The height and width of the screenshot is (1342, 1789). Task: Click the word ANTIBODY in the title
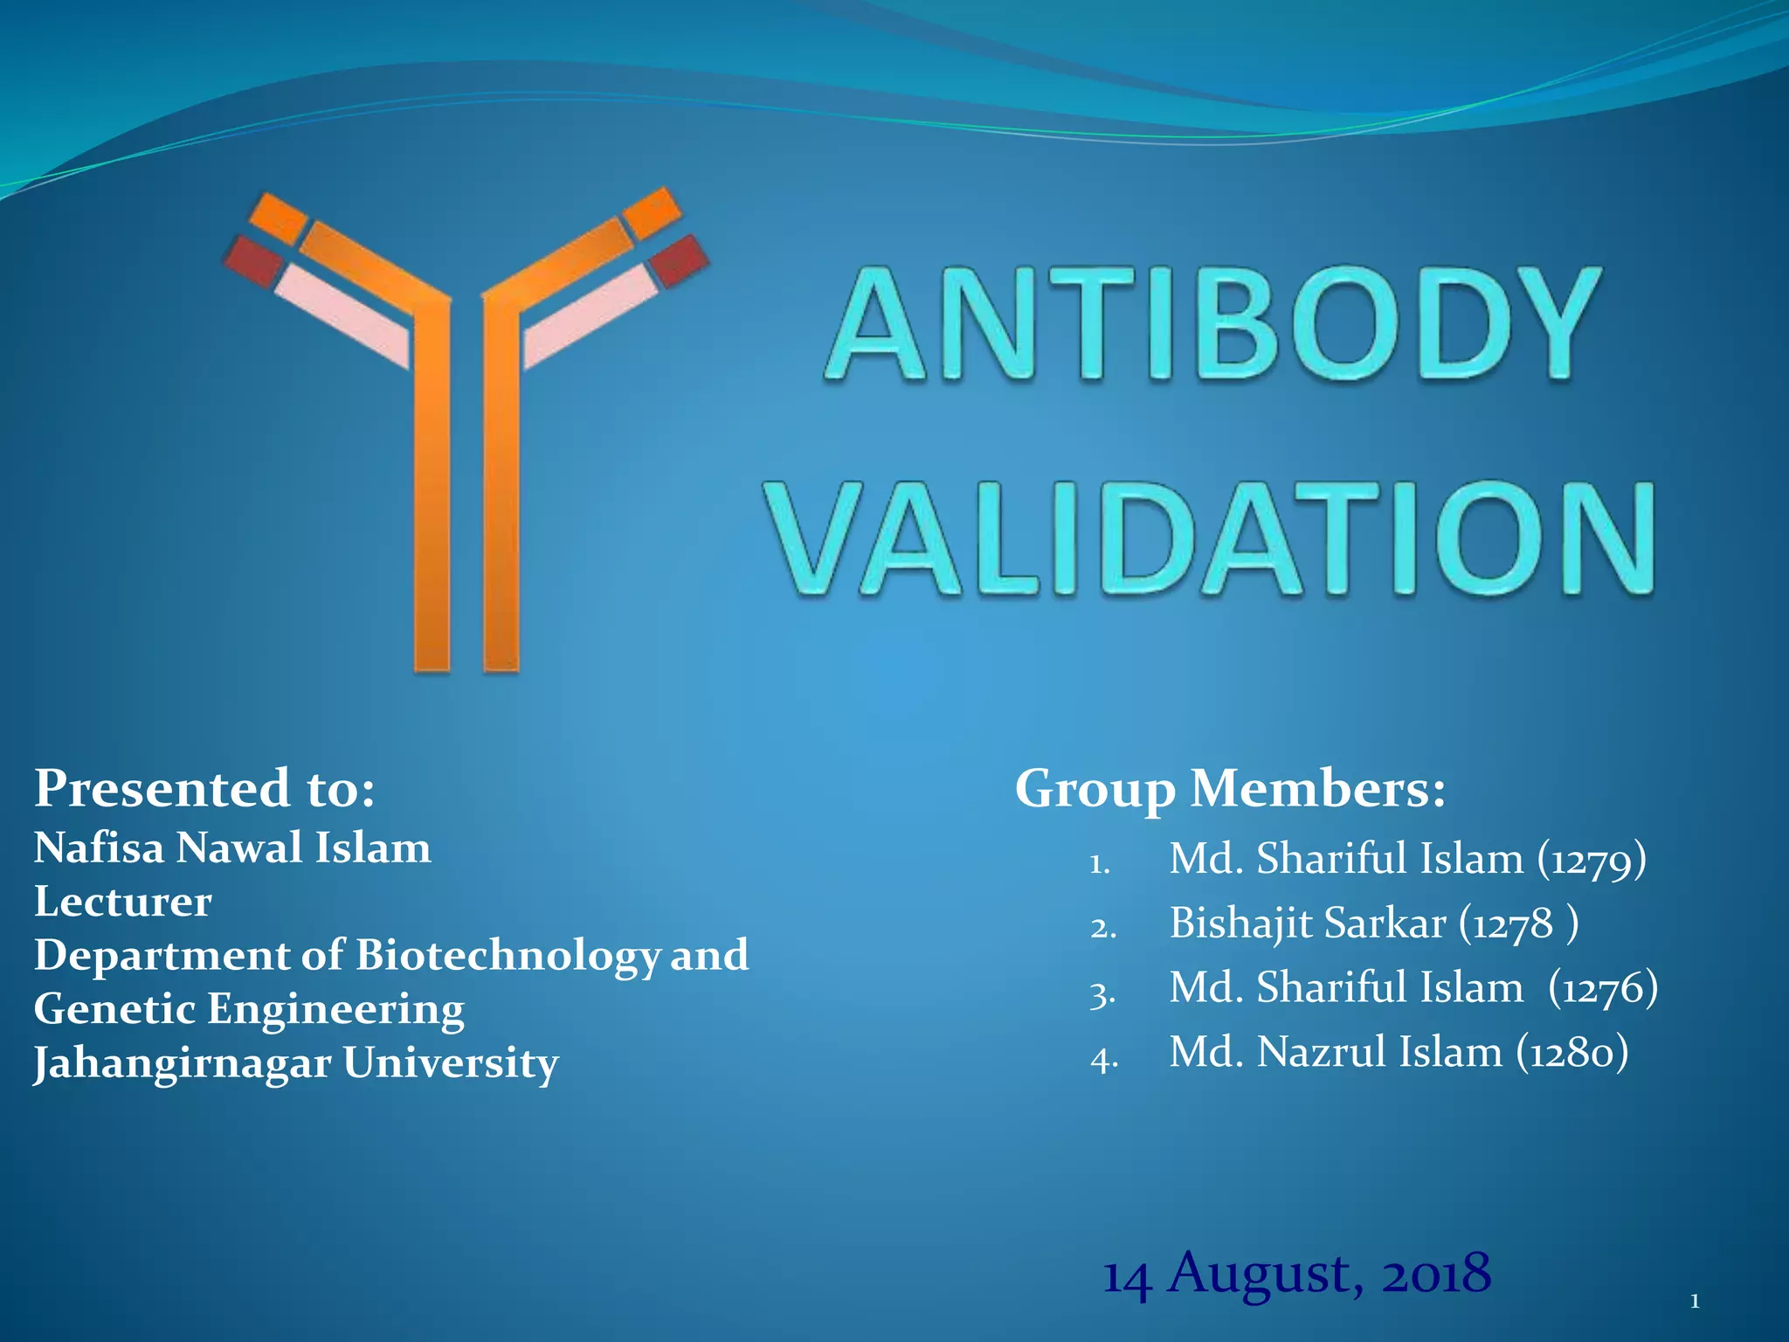[x=1212, y=325]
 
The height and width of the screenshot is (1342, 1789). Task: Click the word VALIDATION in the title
[x=1212, y=540]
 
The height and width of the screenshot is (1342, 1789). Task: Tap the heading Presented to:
[x=204, y=788]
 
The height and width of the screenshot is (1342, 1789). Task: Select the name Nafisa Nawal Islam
[x=232, y=847]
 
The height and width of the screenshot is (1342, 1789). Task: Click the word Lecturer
[x=122, y=902]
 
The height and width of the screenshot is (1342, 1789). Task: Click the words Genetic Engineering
[x=249, y=1009]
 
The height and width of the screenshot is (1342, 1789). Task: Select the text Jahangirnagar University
[x=295, y=1063]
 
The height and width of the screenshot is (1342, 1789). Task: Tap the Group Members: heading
[x=1230, y=788]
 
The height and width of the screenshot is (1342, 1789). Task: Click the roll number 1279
[x=1591, y=860]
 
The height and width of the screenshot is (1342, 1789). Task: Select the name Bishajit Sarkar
[x=1307, y=923]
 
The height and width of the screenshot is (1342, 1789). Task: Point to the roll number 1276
[x=1602, y=988]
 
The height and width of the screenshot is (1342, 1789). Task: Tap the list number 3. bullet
[x=1102, y=993]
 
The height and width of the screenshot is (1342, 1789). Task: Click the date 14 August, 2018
[x=1296, y=1274]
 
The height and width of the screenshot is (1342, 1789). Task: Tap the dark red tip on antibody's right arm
[x=680, y=259]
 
